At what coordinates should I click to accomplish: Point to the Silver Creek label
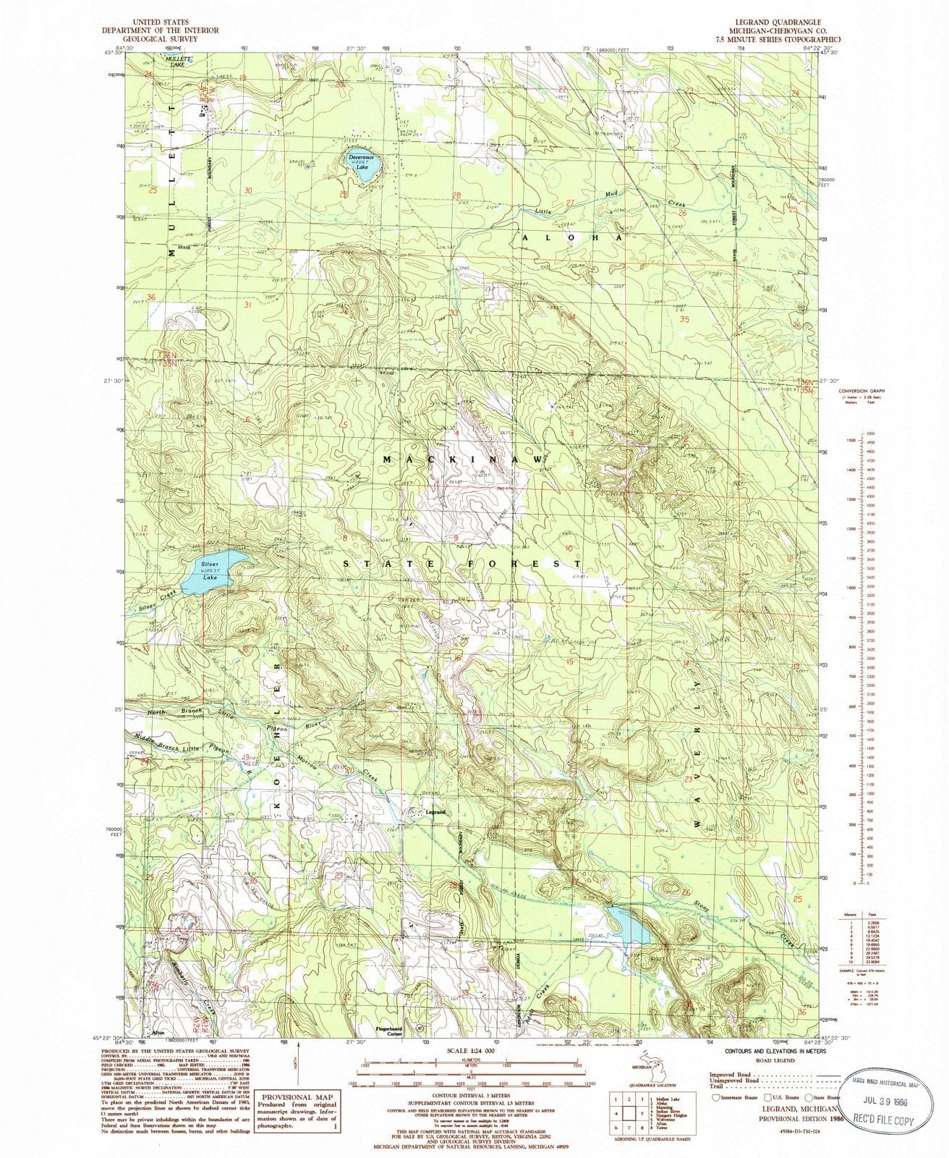tap(158, 604)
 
